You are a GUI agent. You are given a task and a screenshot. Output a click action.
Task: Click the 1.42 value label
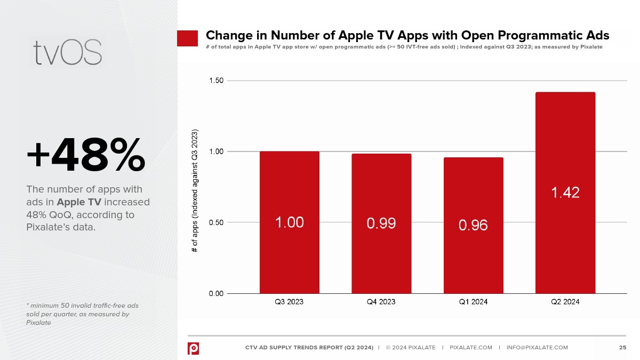point(565,193)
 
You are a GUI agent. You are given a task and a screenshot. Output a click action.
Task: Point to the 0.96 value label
point(473,226)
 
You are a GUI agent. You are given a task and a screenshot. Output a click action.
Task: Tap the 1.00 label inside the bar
point(290,222)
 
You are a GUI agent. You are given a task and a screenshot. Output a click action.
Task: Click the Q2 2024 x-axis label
point(565,302)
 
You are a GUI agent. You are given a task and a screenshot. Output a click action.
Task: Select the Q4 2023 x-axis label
point(381,302)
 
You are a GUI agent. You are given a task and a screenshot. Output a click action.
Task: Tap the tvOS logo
point(67,52)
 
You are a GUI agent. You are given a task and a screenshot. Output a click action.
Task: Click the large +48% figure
point(85,155)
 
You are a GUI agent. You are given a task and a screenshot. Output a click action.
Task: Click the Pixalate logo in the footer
point(193,348)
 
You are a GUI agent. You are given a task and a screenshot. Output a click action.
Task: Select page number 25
point(622,348)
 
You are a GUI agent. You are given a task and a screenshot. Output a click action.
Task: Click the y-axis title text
point(195,190)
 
